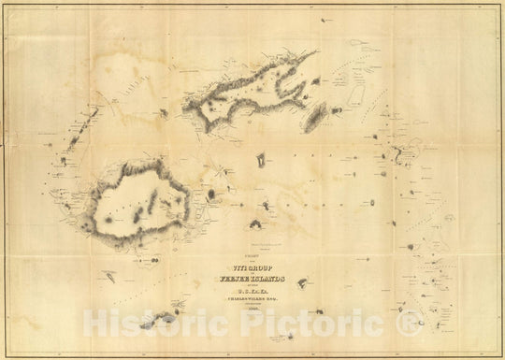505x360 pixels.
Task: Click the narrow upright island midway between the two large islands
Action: [x=260, y=160]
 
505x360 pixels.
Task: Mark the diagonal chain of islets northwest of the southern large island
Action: [x=89, y=122]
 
